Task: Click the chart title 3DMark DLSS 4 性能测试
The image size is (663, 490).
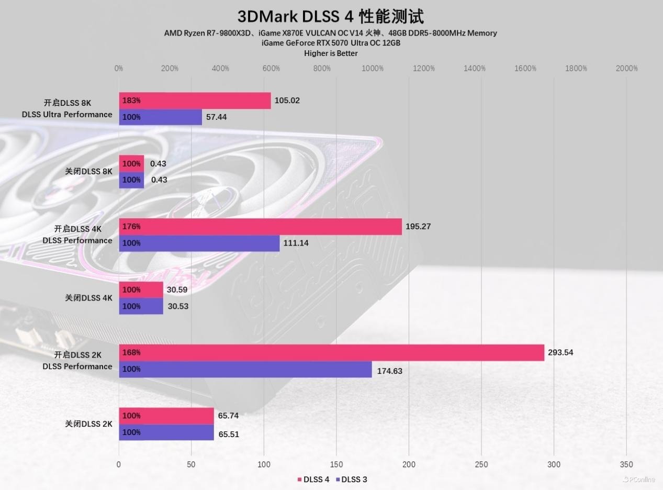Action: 330,16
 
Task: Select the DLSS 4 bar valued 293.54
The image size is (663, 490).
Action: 331,353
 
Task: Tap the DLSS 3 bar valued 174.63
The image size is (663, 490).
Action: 245,370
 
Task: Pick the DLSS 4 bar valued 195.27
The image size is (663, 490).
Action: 260,227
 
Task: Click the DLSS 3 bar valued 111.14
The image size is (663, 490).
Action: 199,243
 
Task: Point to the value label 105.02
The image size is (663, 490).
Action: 287,101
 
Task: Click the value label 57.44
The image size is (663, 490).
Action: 216,117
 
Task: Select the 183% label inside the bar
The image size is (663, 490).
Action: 131,101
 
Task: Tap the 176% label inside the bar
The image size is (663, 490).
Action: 131,227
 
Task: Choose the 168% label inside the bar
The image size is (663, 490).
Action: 131,353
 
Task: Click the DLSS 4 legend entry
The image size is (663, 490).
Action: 313,480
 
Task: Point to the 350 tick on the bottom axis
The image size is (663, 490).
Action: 626,464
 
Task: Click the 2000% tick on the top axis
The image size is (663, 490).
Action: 626,69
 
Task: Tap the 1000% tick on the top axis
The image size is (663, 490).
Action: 372,69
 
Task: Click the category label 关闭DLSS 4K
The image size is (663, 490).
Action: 88,298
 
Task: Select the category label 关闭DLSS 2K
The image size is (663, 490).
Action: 88,424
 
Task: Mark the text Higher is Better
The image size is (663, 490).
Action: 331,53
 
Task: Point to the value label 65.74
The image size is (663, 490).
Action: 228,416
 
